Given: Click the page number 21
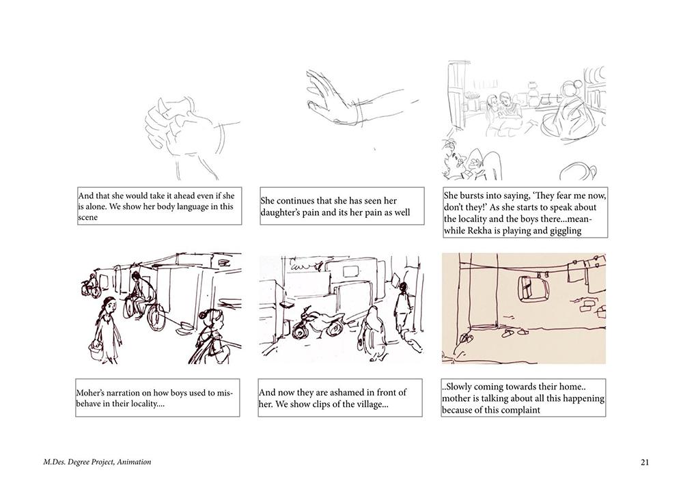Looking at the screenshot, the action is [645, 462].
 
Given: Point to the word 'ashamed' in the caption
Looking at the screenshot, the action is [357, 392].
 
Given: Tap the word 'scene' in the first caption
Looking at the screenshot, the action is [87, 218].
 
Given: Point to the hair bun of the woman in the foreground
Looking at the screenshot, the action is [206, 314].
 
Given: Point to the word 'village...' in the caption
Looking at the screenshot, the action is [372, 404].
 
